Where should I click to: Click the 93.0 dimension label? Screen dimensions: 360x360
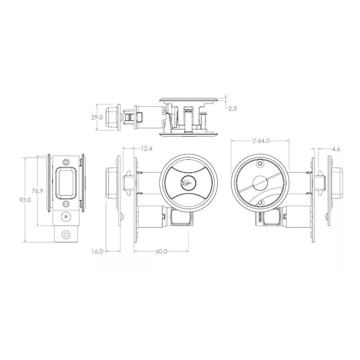25,200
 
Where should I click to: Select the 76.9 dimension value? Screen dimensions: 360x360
37,191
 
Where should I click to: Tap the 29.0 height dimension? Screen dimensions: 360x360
96,118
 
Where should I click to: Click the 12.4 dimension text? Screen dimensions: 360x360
146,148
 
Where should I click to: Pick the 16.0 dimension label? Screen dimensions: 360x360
97,251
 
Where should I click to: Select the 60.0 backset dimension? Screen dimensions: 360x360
161,251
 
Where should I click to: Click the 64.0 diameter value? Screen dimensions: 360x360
264,141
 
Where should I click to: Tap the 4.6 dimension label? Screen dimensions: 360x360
336,148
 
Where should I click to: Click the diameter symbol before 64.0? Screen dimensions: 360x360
255,141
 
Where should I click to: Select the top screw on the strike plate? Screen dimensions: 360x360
66,160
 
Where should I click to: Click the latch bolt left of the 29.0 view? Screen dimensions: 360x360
114,117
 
